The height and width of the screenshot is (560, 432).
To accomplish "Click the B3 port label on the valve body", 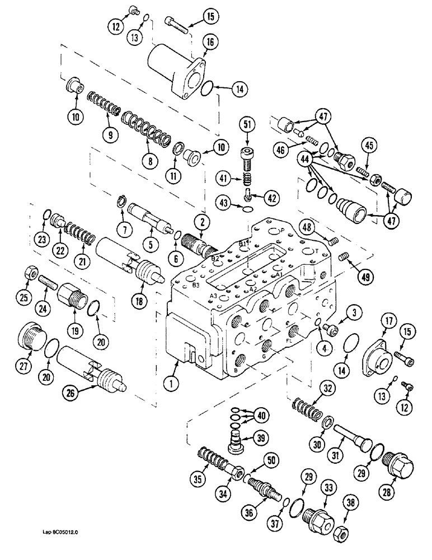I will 195,286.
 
